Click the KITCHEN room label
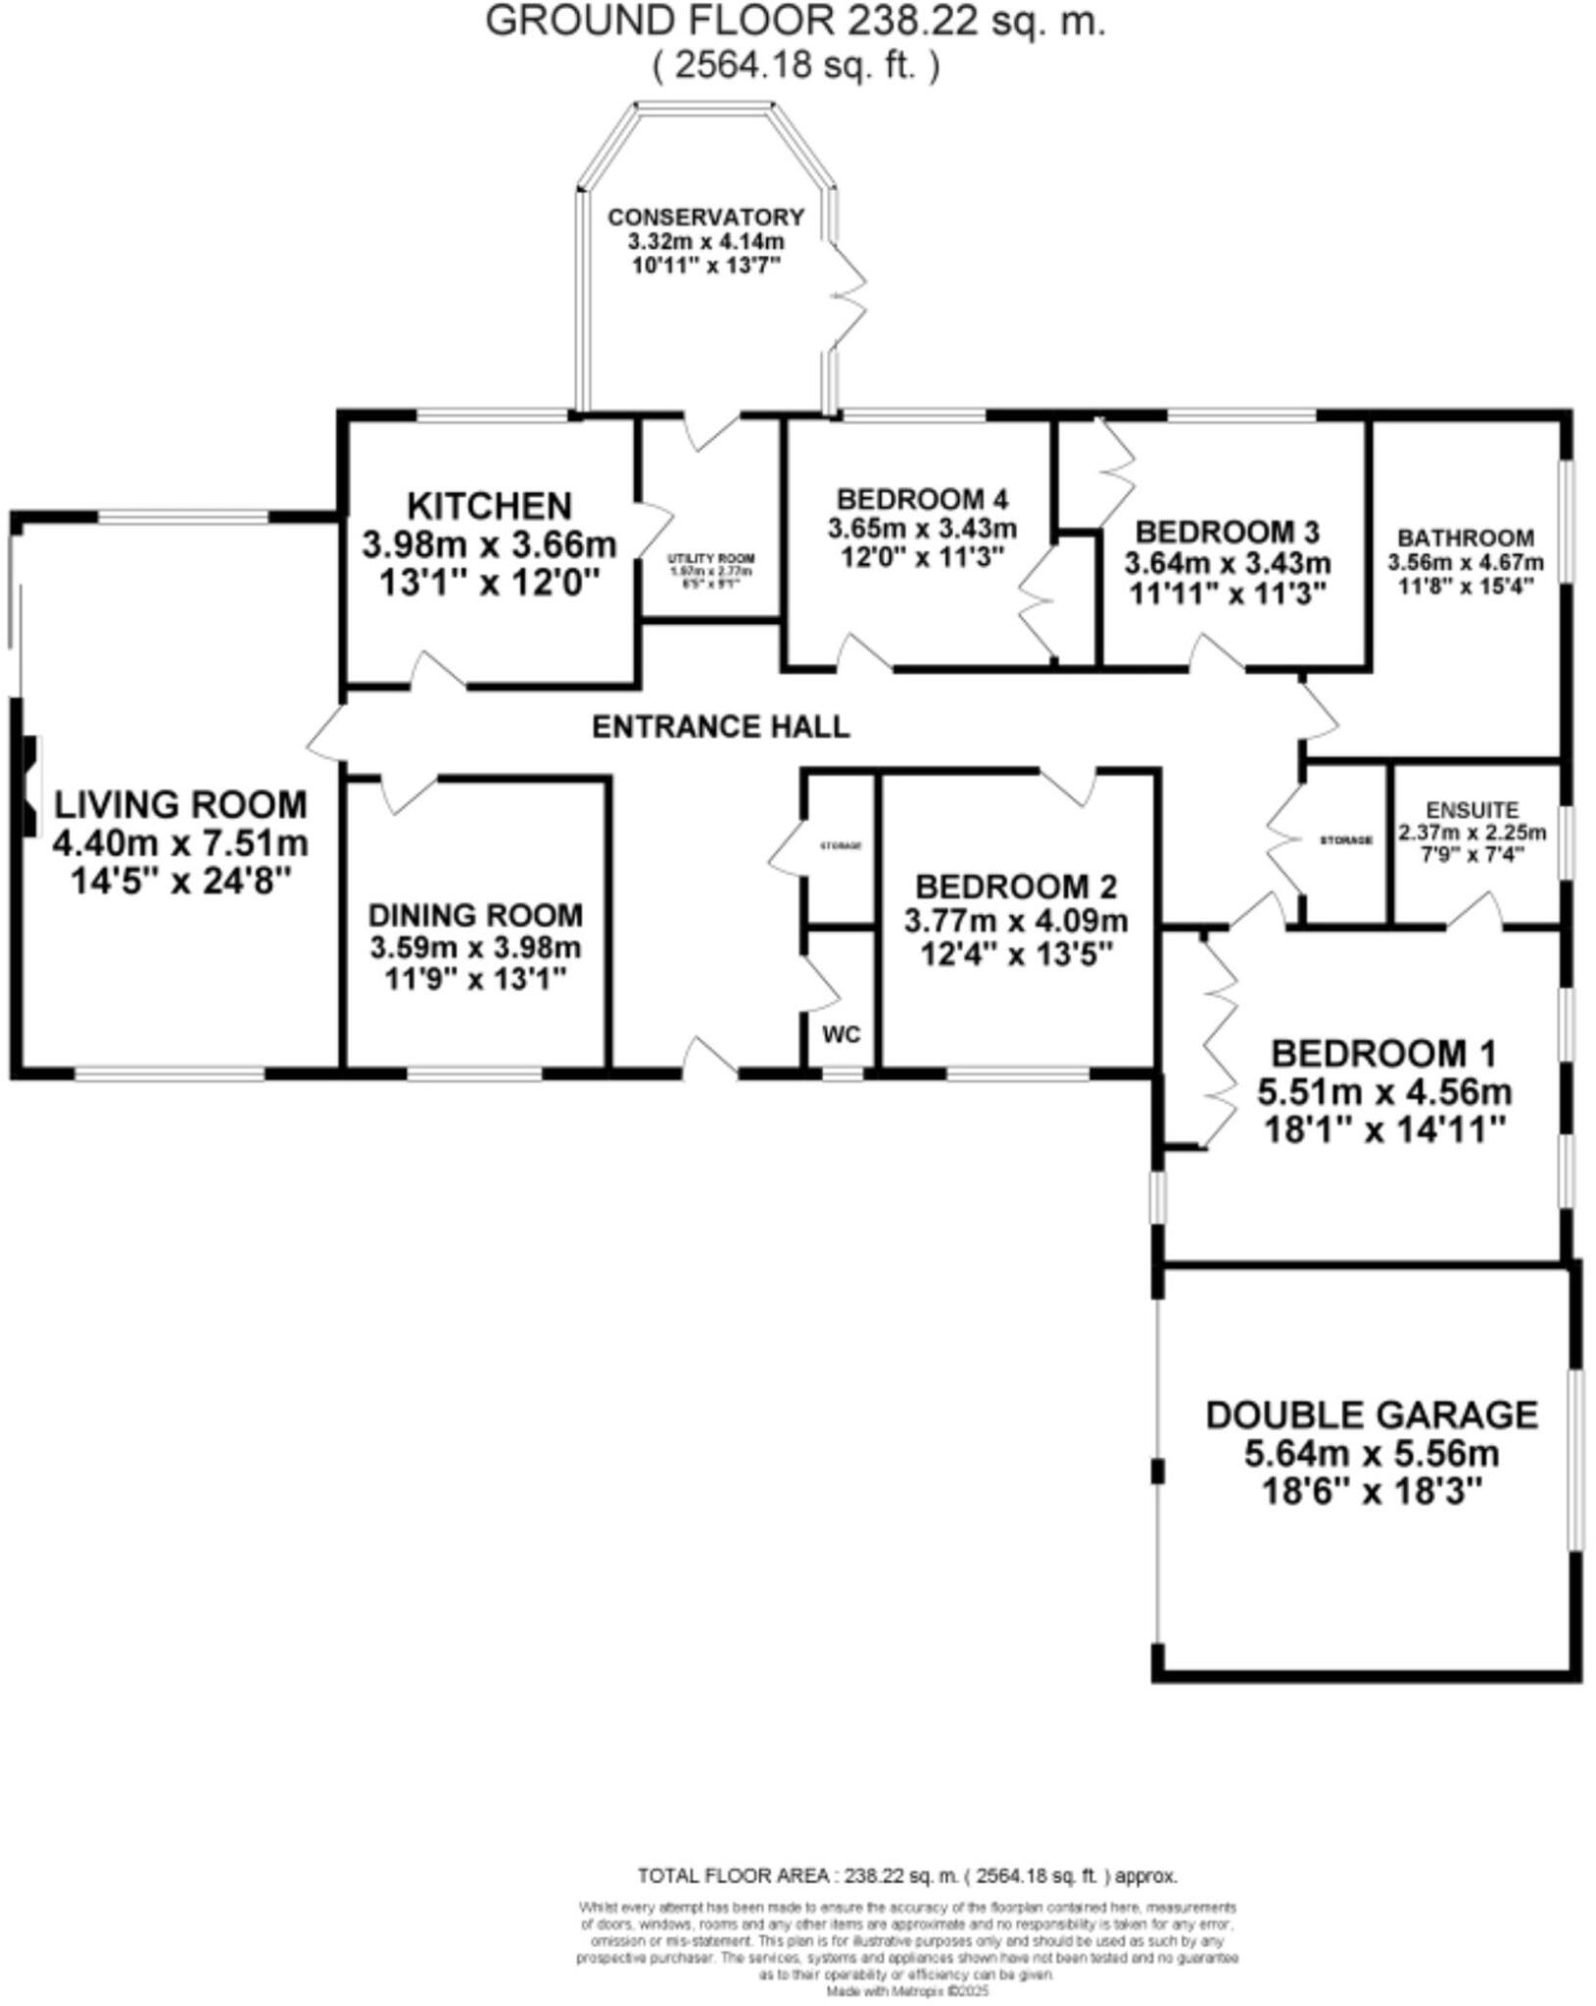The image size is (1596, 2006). (x=489, y=506)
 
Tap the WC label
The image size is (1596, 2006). (x=842, y=1034)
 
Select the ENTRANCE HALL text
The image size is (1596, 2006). (x=721, y=727)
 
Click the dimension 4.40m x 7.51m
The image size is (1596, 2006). (x=180, y=842)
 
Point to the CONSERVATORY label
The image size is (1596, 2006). (x=705, y=217)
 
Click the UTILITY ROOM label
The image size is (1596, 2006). (x=711, y=558)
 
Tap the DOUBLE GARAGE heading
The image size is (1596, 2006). (x=1372, y=1415)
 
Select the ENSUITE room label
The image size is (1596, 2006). (x=1473, y=810)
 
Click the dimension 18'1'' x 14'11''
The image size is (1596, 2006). (x=1384, y=1130)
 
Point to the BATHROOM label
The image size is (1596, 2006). (x=1466, y=538)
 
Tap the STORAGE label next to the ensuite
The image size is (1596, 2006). (x=1346, y=840)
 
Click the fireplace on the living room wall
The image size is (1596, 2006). (x=29, y=787)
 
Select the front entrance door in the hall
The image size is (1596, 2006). (x=709, y=1060)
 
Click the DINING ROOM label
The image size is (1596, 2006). (x=475, y=916)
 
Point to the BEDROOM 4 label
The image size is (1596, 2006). (x=922, y=500)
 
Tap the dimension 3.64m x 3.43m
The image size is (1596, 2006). (x=1227, y=564)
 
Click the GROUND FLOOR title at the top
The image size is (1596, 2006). (x=796, y=22)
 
